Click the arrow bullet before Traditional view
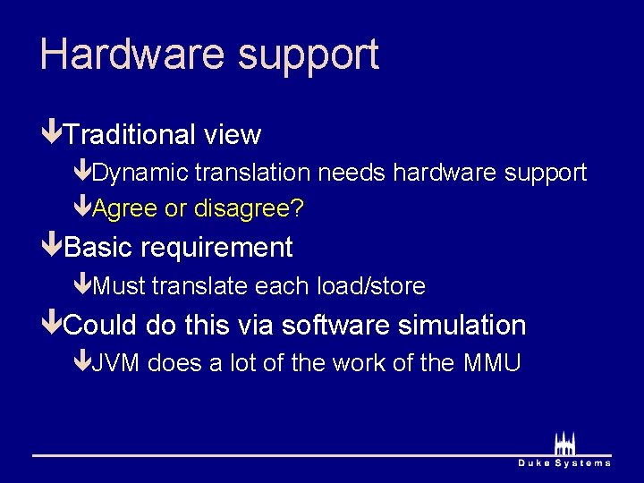52,134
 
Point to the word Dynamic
140,173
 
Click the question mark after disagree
298,209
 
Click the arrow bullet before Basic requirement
52,247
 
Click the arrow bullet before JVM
81,363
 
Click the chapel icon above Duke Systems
564,442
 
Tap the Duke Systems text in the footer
564,463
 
